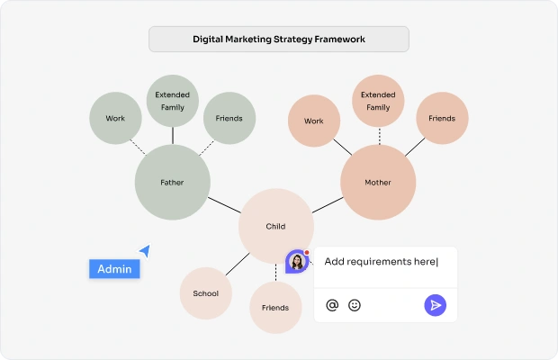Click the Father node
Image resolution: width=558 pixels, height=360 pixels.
pos(173,182)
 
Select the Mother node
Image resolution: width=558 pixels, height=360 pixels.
pos(378,182)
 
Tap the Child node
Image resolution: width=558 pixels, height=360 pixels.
pos(275,226)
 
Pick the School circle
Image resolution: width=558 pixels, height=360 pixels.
pos(206,293)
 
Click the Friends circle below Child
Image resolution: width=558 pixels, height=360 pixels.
pos(275,308)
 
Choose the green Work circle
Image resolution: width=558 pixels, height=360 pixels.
pos(115,118)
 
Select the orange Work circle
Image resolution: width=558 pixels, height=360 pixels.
pos(314,121)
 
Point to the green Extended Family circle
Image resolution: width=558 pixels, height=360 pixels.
pos(173,101)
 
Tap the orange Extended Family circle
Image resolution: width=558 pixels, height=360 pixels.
pos(378,101)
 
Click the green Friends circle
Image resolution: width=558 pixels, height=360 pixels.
pos(229,118)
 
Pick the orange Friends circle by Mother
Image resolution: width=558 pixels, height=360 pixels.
pos(442,118)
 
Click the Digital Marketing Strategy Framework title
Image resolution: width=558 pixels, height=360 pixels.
pos(279,39)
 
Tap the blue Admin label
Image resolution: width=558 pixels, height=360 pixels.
pos(114,269)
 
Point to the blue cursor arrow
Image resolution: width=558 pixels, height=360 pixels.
pos(145,250)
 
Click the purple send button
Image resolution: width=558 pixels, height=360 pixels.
pos(435,305)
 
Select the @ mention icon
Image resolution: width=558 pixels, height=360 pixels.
pos(332,305)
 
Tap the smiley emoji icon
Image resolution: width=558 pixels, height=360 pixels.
pos(354,305)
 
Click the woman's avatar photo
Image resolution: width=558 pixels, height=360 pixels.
pos(297,262)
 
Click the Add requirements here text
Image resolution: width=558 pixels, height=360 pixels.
pos(381,262)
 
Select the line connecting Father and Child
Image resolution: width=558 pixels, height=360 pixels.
pos(225,205)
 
